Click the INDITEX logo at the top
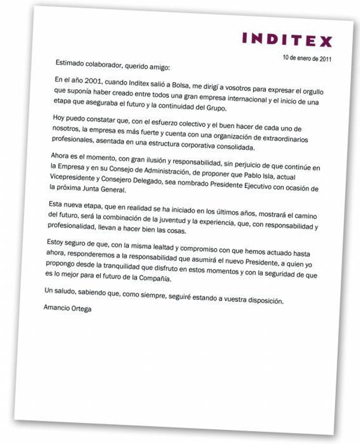tap(287, 40)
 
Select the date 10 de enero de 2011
tap(307, 58)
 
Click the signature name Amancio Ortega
tap(67, 308)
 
